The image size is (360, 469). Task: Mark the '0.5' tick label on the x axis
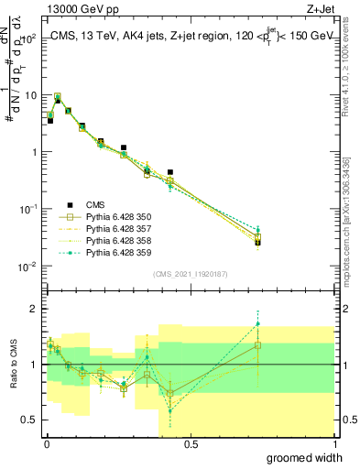[191, 444]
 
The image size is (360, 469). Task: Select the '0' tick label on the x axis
[47, 444]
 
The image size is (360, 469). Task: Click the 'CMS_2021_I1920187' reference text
[191, 273]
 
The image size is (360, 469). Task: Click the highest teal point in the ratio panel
[258, 323]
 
